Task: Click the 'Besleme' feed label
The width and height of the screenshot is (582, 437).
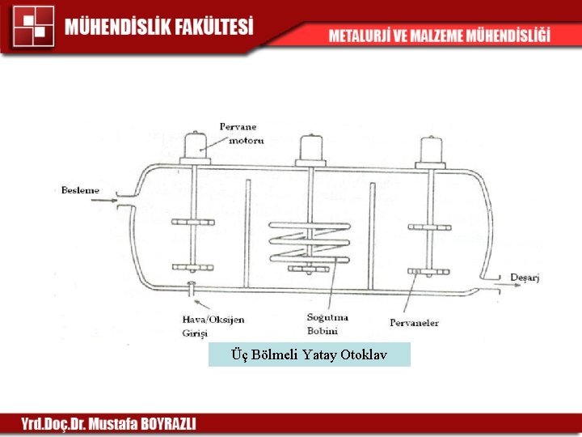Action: point(80,191)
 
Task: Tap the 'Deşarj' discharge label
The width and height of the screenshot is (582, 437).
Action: point(525,278)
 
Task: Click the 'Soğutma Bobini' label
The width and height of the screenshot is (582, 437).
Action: point(323,323)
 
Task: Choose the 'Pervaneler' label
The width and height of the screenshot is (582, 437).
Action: point(414,323)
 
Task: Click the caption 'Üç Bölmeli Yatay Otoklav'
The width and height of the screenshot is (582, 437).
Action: point(309,354)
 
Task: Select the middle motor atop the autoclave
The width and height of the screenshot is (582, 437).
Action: point(312,146)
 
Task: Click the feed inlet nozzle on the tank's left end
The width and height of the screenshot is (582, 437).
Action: point(124,200)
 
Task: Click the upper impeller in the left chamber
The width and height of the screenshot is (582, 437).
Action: point(192,223)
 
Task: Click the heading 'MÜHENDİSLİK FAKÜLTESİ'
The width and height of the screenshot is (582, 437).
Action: point(159,26)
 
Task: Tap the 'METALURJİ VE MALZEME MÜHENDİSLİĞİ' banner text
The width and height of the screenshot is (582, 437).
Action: point(439,36)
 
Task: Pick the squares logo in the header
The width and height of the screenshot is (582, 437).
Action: point(33,26)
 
